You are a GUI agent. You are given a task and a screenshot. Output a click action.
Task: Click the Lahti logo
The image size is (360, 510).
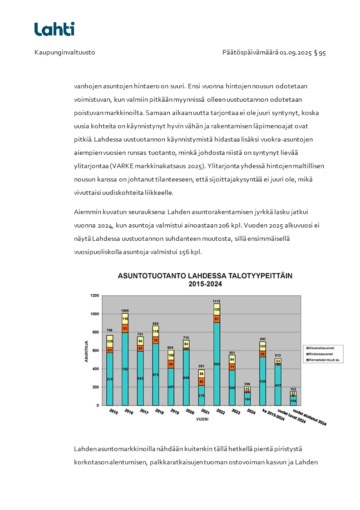tap(54, 29)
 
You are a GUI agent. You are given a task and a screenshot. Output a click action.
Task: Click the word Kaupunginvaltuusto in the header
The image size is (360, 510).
tap(64, 53)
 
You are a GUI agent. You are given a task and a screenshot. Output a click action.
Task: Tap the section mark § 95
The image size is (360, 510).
tap(320, 53)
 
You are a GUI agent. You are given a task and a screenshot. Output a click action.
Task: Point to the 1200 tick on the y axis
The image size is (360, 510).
tap(94, 296)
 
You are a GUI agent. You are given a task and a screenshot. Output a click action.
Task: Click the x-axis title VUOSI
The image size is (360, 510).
tap(202, 419)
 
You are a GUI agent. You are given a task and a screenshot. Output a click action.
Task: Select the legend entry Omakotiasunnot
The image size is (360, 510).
tap(322, 348)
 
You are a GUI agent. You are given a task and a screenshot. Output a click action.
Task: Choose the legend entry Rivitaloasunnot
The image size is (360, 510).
tap(322, 354)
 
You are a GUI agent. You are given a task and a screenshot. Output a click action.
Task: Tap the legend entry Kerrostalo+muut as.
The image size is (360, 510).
tap(324, 360)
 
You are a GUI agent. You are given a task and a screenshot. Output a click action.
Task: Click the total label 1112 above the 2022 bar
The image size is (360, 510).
tap(217, 301)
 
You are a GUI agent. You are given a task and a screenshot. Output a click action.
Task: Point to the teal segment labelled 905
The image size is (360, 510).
tap(217, 363)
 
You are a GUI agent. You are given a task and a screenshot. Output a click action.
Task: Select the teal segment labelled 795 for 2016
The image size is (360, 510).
tap(125, 369)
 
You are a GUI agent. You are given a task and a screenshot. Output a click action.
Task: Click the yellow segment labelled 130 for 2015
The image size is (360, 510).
tap(109, 341)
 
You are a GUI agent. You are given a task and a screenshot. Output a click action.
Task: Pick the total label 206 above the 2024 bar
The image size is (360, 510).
tap(247, 384)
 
